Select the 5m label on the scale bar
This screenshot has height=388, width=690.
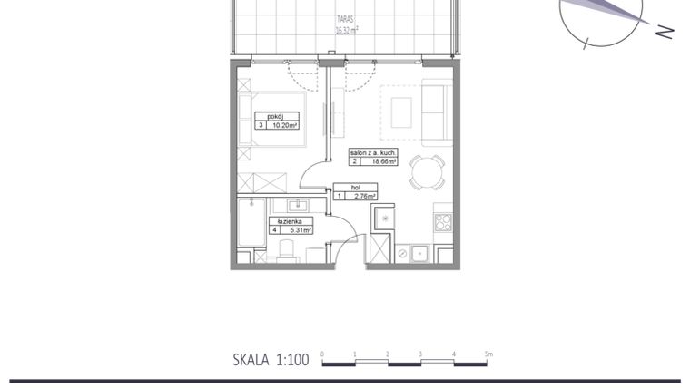tap(488, 353)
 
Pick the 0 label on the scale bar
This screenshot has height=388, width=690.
tap(323, 353)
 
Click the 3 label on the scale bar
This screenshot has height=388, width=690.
tap(421, 353)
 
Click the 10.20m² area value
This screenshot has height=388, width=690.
tap(285, 126)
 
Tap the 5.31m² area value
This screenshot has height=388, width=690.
tap(299, 230)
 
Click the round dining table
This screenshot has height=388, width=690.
tap(427, 172)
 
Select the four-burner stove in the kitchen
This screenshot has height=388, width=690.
tap(443, 221)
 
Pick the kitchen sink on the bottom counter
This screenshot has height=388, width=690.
tap(419, 254)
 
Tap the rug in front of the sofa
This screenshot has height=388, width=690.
tap(401, 112)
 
